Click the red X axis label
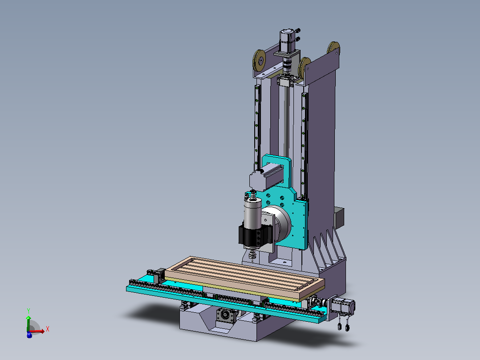[x=48, y=329]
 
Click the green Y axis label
[x=28, y=311]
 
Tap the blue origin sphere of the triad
[x=29, y=335]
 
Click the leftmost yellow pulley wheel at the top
[x=259, y=61]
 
